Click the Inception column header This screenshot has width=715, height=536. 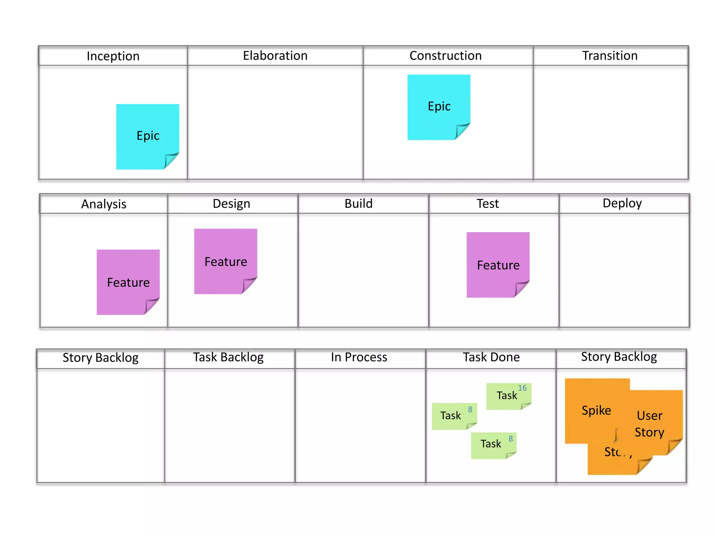click(113, 56)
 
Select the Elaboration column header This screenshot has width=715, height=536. click(275, 56)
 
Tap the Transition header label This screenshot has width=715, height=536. click(610, 56)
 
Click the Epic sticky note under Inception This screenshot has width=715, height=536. click(148, 136)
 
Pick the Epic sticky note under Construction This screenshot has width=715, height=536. click(439, 106)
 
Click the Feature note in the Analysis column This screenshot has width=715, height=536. click(128, 282)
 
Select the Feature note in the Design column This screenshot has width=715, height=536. click(226, 261)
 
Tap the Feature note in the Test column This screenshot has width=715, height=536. click(498, 265)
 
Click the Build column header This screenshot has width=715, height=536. click(359, 203)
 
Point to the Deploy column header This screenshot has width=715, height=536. click(622, 203)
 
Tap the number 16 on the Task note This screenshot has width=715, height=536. click(522, 388)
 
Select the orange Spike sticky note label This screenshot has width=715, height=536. click(596, 410)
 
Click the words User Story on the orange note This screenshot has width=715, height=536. click(649, 424)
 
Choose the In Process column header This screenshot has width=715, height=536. click(359, 357)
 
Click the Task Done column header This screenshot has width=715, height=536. click(491, 357)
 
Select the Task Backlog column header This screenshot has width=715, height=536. click(228, 357)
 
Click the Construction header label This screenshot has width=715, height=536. click(445, 56)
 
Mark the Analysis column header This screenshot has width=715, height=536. click(104, 204)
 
